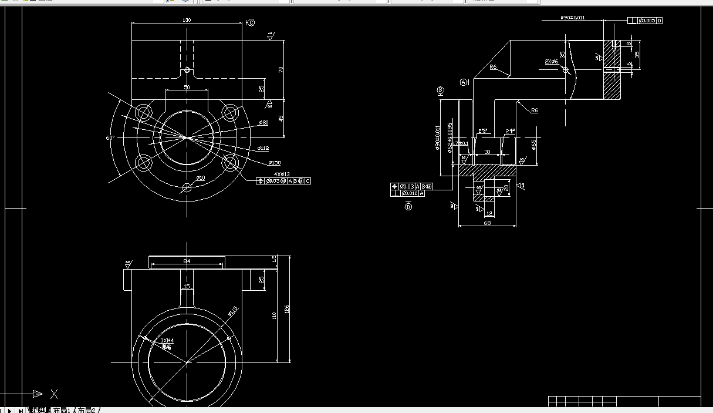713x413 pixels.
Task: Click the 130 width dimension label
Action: [187, 20]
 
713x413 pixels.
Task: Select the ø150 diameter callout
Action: [275, 162]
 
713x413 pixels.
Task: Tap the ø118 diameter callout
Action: [263, 149]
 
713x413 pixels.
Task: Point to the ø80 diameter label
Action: [263, 123]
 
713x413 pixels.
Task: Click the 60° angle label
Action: [110, 138]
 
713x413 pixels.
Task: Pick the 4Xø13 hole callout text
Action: [282, 174]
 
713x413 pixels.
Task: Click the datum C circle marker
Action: [251, 23]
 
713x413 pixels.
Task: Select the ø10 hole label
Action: [200, 177]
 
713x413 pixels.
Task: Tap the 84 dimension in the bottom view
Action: [187, 261]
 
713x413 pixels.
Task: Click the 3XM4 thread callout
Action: [167, 340]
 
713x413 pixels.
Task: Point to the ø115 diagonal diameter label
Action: [233, 311]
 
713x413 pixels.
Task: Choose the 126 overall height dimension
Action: [287, 308]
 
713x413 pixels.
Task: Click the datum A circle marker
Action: [464, 83]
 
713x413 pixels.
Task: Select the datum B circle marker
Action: [441, 90]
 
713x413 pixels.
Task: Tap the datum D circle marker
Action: [408, 206]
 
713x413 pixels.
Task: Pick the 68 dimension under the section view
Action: [487, 223]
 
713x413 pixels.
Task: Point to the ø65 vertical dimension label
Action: [533, 145]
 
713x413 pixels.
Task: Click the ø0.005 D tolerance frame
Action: [645, 21]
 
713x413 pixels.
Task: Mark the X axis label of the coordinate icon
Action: [54, 394]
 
